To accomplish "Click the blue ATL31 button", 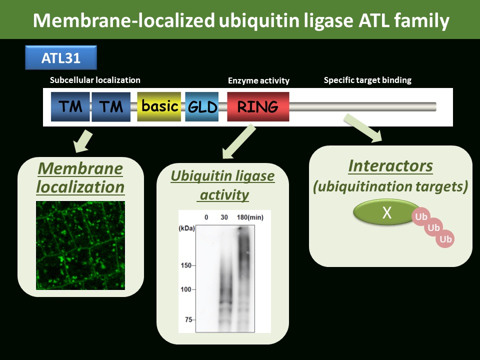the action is (x=61, y=57).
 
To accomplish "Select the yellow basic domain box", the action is (x=159, y=106).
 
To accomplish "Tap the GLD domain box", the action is (x=202, y=106).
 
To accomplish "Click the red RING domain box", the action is (x=258, y=106).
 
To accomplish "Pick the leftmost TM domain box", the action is (x=70, y=106).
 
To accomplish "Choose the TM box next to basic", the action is (x=111, y=106).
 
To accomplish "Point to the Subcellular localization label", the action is (x=95, y=80).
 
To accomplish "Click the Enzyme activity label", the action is (x=258, y=80).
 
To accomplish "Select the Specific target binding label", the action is (x=367, y=80).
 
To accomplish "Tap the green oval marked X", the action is (x=386, y=212).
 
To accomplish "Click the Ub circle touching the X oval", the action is (x=421, y=216).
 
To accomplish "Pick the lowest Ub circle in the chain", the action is (x=445, y=239).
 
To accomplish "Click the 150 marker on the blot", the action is (x=186, y=265).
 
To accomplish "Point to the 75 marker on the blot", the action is (x=188, y=319).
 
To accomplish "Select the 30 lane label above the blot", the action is (x=224, y=217).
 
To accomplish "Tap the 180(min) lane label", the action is (x=250, y=217).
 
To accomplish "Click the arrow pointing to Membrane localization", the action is (x=83, y=141).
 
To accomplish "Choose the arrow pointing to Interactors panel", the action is (x=363, y=128).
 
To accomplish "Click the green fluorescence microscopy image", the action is (x=80, y=245).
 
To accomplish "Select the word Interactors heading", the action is (x=390, y=166).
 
